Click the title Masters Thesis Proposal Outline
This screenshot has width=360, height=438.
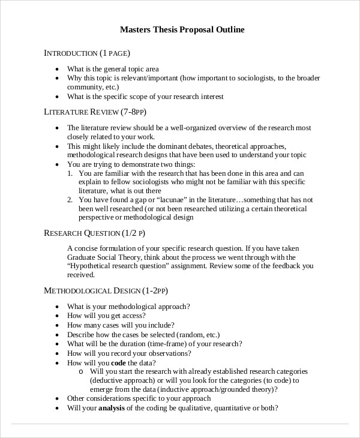pyautogui.click(x=182, y=29)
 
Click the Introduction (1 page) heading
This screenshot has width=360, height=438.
pyautogui.click(x=87, y=53)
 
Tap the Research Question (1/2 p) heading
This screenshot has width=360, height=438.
pyautogui.click(x=95, y=233)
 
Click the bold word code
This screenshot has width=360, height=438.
pyautogui.click(x=119, y=363)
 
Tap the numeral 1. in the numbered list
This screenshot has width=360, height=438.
pyautogui.click(x=70, y=173)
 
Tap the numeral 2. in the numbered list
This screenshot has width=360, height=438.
pyautogui.click(x=70, y=200)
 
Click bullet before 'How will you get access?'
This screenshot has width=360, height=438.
pyautogui.click(x=57, y=316)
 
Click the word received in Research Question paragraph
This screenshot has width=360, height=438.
pyautogui.click(x=81, y=275)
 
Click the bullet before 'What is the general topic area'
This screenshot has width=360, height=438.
pyautogui.click(x=57, y=69)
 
